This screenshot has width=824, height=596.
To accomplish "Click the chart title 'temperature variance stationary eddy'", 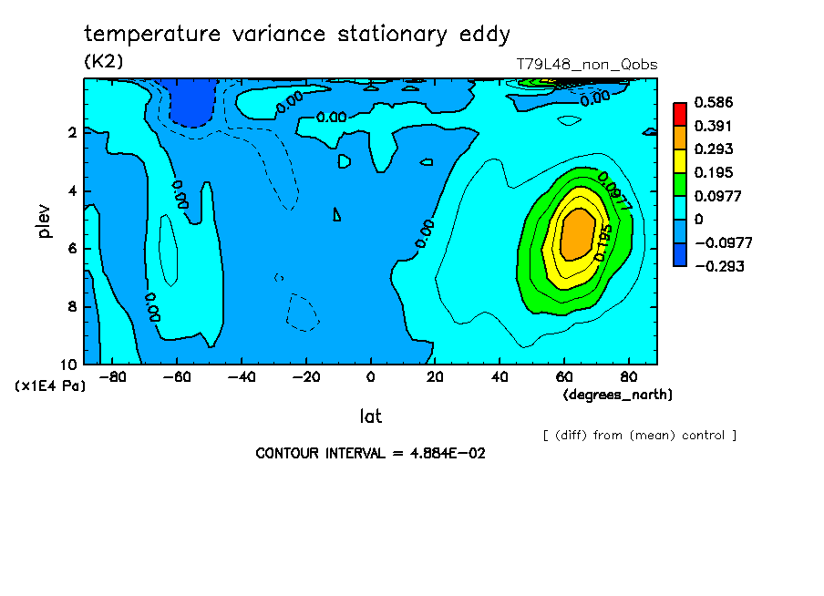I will (x=297, y=35).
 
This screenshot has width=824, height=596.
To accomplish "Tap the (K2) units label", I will (x=103, y=62).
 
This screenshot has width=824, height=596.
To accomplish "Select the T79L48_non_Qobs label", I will (x=586, y=65).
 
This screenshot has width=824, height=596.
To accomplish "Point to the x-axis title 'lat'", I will (x=370, y=416).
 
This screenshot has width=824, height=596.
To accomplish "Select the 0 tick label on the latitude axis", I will (x=371, y=376).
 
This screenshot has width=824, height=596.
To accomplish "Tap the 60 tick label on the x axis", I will (x=564, y=376).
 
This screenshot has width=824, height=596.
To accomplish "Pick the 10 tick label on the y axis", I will (x=69, y=365).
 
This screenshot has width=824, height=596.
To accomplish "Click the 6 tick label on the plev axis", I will (x=71, y=249).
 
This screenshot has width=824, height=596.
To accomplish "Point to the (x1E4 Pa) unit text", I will (x=51, y=386).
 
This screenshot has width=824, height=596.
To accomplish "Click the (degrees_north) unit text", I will (x=618, y=394).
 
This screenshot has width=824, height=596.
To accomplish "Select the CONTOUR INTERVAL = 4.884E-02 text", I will (x=370, y=453).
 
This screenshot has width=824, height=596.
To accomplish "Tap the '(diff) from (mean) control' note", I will (x=639, y=435).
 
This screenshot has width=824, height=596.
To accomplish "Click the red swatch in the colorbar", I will (x=680, y=113).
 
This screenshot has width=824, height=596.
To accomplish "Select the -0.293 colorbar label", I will (x=719, y=267).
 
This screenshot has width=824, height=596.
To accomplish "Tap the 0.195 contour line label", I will (x=603, y=241).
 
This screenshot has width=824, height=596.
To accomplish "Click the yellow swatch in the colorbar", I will (x=680, y=160).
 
